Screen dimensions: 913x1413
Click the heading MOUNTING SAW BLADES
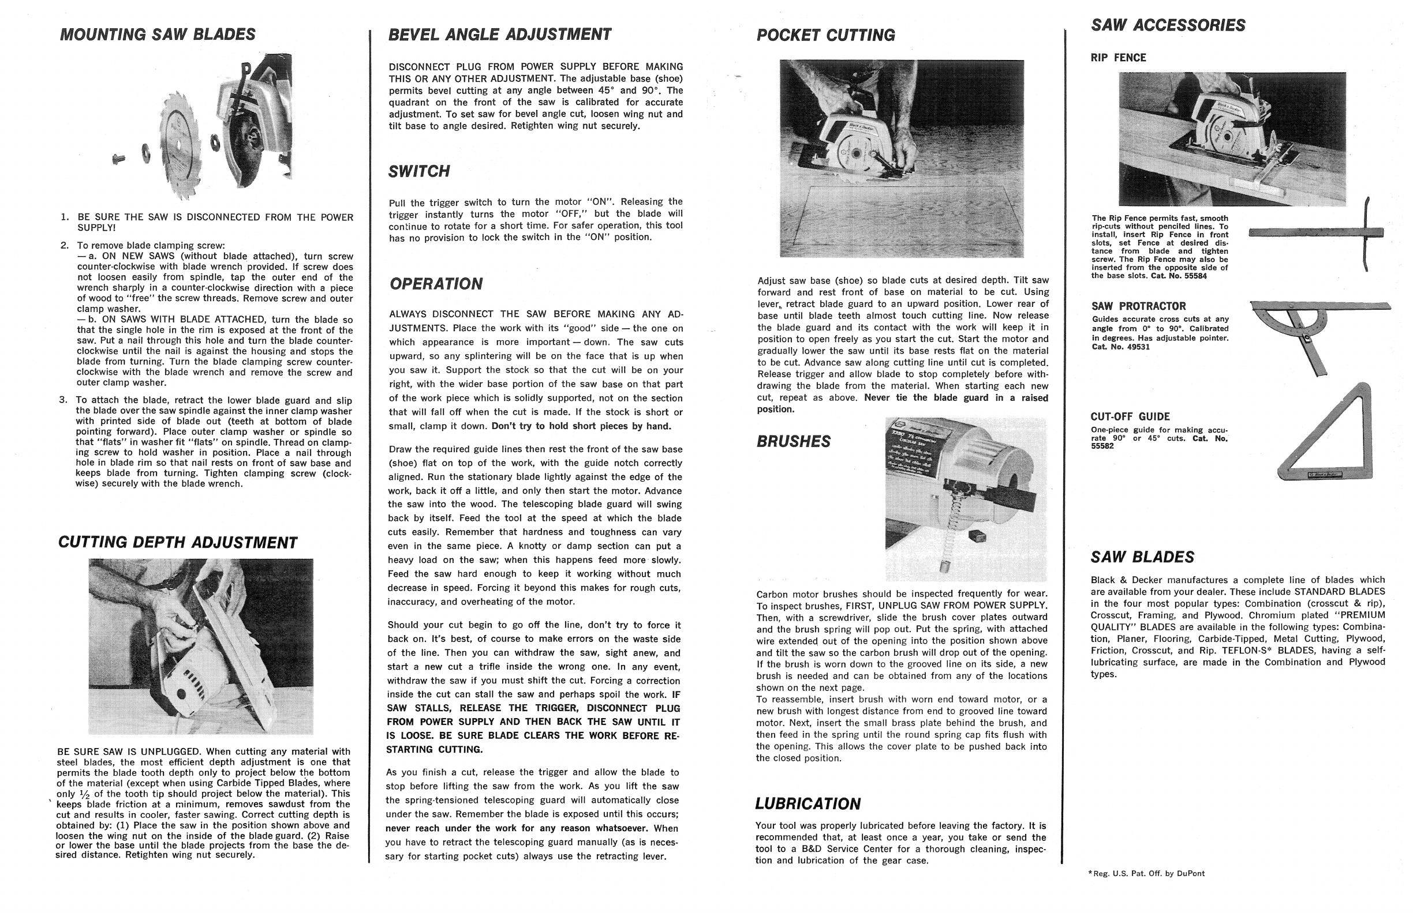tap(157, 35)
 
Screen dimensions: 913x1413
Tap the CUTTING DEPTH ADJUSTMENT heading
tap(177, 543)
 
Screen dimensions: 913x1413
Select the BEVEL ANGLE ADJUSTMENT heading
tap(499, 35)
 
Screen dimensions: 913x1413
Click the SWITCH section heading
tap(419, 172)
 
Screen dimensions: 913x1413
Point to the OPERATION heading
tap(436, 284)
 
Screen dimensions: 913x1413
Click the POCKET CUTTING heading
tap(825, 36)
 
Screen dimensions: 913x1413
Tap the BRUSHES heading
tap(793, 442)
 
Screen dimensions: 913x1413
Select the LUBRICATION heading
tap(808, 804)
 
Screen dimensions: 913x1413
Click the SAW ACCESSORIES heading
tap(1168, 25)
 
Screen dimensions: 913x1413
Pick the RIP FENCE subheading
tap(1117, 58)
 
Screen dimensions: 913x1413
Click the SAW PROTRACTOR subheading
tap(1138, 306)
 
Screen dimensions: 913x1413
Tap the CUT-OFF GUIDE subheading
tap(1130, 417)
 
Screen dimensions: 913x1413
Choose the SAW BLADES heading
tap(1142, 557)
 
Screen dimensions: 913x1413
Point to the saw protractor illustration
tap(1311, 332)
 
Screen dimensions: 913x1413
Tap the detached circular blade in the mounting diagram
tap(183, 145)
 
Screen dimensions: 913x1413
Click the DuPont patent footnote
tap(1146, 873)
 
